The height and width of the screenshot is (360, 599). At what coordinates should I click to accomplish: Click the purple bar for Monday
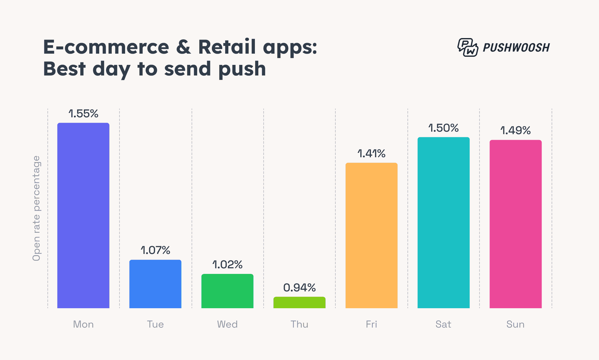click(83, 215)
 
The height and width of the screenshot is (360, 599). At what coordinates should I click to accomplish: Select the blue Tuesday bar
click(155, 284)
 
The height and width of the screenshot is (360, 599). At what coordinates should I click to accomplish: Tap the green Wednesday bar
click(227, 291)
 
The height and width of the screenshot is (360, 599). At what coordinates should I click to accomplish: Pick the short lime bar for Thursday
click(299, 303)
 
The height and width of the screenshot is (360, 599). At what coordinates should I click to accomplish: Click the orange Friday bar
click(372, 236)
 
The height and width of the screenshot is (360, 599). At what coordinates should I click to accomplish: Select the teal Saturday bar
click(443, 223)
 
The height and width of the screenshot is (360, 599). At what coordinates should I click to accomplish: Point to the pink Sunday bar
click(515, 224)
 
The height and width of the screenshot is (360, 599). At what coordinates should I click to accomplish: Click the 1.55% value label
click(83, 114)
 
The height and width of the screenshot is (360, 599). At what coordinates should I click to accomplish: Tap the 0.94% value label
click(299, 288)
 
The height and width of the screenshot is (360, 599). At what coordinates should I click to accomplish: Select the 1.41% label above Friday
click(372, 153)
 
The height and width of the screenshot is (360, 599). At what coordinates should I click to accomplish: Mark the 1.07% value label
click(155, 250)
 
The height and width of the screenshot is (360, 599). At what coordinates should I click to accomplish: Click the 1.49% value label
click(515, 130)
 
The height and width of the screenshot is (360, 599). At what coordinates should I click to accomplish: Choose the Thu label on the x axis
click(299, 324)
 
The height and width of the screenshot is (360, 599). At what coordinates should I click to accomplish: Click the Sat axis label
click(443, 324)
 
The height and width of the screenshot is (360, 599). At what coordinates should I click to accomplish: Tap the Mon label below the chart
click(83, 324)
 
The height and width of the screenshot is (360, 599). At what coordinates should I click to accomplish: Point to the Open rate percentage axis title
click(37, 208)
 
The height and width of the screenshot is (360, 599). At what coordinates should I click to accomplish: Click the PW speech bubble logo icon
click(468, 47)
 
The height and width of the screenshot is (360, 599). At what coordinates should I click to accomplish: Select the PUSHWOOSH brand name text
click(516, 48)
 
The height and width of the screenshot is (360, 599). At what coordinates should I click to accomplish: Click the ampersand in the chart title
click(183, 47)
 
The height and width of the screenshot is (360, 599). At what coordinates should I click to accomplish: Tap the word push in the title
click(242, 69)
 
